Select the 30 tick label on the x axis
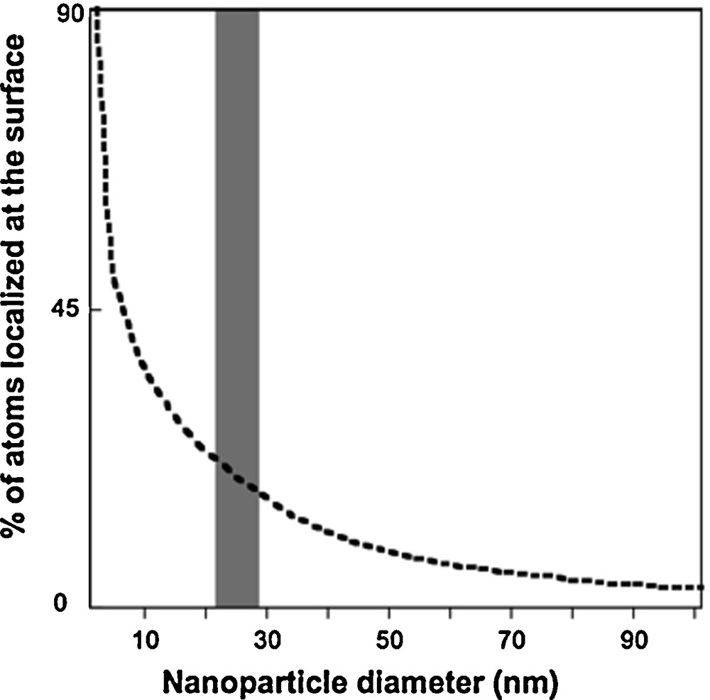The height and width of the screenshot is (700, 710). tap(266, 639)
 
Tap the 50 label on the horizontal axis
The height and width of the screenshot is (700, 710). tap(389, 639)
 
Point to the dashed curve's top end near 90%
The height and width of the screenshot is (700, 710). tap(97, 13)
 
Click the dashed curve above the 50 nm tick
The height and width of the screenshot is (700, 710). tap(389, 551)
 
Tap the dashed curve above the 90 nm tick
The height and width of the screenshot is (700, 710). tap(634, 584)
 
